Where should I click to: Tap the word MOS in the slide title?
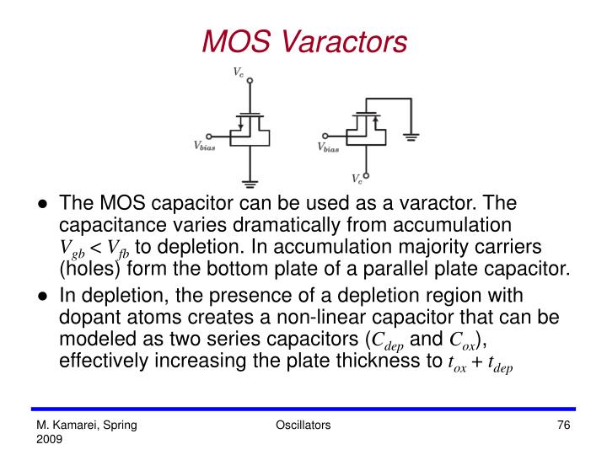tap(229, 40)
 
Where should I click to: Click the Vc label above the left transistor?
tap(239, 73)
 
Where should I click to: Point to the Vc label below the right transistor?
tap(357, 179)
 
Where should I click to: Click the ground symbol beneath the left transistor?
tap(250, 181)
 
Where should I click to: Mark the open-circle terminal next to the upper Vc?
tap(250, 83)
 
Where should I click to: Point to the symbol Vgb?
tap(72, 249)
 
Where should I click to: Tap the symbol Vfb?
tap(119, 249)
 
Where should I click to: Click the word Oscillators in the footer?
tap(303, 426)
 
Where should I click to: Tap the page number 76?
tap(565, 426)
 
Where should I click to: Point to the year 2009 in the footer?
tap(48, 440)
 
